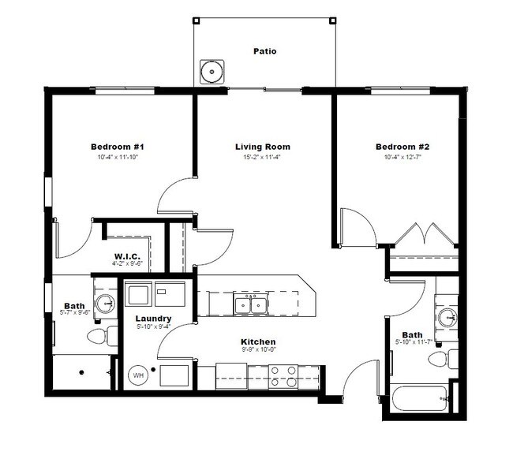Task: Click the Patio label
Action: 264,51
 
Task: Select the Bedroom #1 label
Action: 117,147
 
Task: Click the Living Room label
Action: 263,147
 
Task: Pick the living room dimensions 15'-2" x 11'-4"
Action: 263,158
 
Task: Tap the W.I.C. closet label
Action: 127,256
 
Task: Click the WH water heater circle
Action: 137,376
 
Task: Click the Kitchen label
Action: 258,342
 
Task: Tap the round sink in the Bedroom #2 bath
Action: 447,318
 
